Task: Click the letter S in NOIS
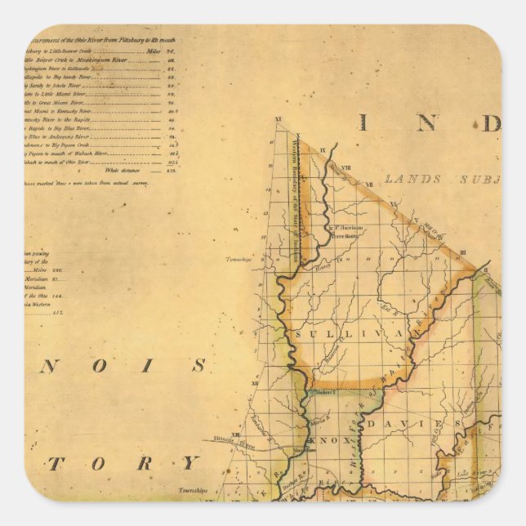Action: click(x=198, y=366)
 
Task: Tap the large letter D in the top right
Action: click(x=489, y=123)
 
